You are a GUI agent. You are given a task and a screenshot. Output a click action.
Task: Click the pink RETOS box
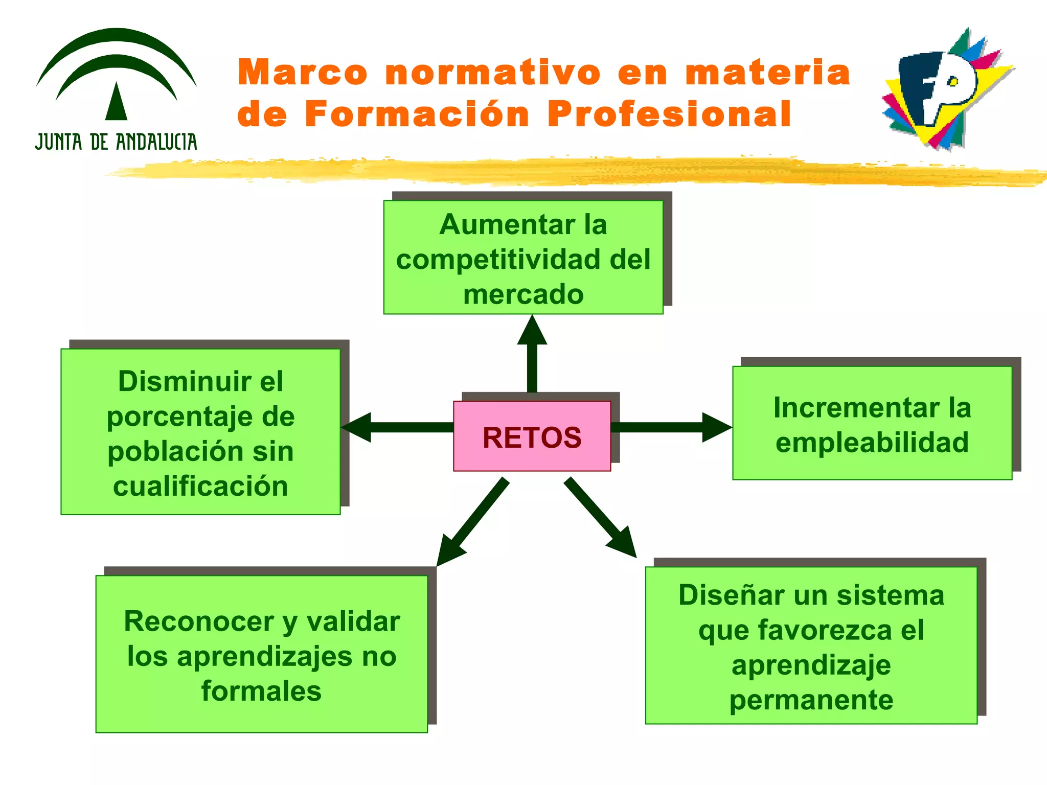532,436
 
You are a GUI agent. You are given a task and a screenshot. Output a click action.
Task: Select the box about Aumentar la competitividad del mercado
523,257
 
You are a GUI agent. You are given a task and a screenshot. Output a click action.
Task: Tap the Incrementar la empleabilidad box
872,423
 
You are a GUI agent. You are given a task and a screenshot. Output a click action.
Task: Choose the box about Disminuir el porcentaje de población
200,431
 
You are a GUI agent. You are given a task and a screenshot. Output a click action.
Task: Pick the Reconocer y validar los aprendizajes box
261,654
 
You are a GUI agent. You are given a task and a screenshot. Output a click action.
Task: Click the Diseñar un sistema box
811,645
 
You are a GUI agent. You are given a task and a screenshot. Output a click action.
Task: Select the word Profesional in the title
669,114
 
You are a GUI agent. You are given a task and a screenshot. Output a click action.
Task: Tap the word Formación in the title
417,114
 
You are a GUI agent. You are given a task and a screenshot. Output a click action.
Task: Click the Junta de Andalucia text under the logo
116,142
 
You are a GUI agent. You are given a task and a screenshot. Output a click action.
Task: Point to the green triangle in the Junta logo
116,102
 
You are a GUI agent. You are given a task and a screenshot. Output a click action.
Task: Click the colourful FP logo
946,89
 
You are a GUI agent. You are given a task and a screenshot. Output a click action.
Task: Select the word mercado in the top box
523,295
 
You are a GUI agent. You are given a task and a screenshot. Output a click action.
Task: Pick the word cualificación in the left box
200,486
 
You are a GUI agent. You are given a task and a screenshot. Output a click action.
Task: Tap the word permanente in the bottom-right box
811,700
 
